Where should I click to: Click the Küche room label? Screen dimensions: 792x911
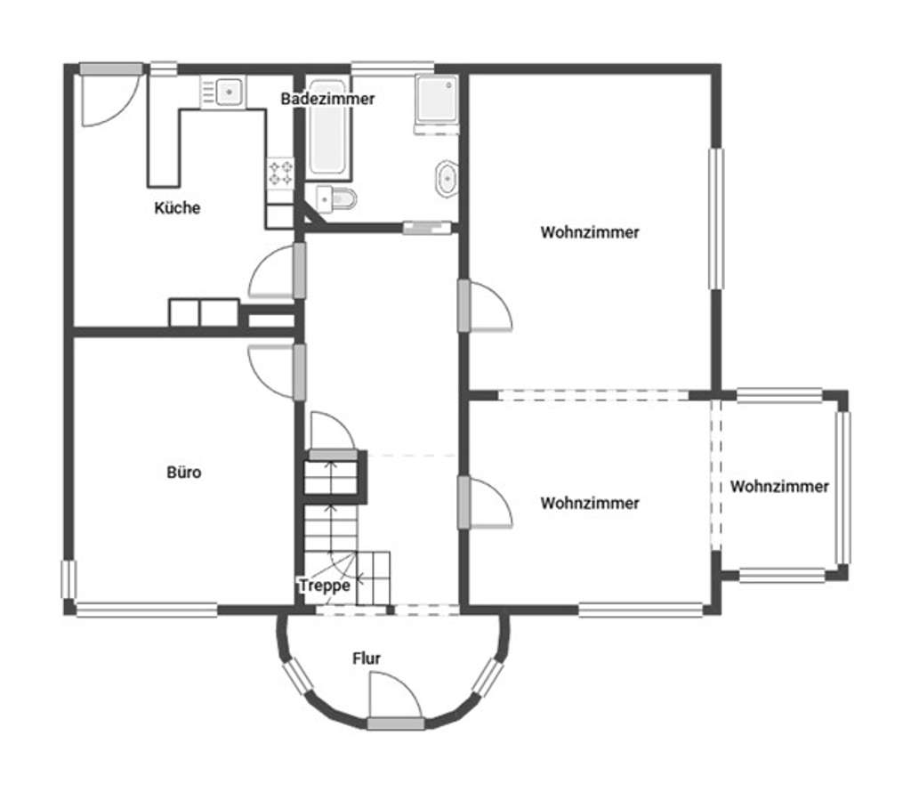(177, 208)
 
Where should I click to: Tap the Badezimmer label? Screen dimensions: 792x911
(327, 99)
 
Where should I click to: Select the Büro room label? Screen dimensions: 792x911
(184, 472)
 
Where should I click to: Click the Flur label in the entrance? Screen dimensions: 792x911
(367, 659)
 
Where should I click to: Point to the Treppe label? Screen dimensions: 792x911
(324, 586)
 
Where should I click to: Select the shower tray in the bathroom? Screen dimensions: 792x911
(436, 99)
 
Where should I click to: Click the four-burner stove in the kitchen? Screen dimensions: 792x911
(281, 172)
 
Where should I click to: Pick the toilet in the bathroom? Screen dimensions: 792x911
(343, 199)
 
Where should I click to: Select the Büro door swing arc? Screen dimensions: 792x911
(270, 368)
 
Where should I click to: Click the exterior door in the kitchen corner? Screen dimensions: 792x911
(107, 98)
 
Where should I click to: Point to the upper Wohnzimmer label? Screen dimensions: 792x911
(590, 232)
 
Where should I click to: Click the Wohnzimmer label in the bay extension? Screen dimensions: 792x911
(779, 486)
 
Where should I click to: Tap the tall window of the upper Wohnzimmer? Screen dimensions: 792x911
(715, 218)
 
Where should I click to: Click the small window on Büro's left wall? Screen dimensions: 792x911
(69, 578)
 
